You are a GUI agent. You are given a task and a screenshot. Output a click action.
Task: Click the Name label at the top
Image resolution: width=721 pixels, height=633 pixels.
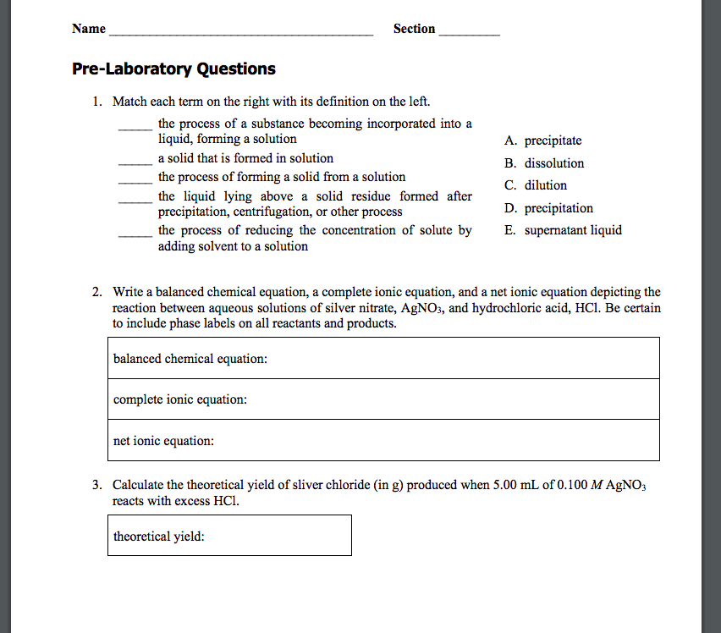coord(89,29)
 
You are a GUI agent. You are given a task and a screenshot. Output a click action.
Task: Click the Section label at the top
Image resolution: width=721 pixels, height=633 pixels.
coord(414,29)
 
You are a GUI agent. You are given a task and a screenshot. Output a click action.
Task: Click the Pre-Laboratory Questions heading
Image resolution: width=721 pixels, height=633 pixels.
coord(173,69)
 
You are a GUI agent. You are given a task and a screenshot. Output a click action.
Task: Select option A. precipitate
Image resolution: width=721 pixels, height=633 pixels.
coord(542,140)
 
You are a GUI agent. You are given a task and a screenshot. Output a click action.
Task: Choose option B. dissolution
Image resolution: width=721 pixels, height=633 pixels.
coord(543,163)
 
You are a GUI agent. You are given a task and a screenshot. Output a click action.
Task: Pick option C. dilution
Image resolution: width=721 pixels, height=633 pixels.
coord(535,185)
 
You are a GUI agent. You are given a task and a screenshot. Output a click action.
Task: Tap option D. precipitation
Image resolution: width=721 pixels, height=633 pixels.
coord(548,208)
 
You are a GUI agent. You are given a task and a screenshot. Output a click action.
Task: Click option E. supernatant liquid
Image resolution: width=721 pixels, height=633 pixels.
coord(562,230)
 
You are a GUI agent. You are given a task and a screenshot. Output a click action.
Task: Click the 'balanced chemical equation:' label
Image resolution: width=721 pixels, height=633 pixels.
coord(190,359)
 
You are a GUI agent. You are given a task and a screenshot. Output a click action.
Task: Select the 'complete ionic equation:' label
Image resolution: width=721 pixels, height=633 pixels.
coord(180,399)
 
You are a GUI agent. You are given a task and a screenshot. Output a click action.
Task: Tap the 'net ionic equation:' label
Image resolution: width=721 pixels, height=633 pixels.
coord(163,441)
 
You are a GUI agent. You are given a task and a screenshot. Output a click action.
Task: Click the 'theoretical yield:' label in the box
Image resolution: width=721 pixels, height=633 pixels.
coord(159,537)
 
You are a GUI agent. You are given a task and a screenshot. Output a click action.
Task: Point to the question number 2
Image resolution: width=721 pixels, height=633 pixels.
coord(97,293)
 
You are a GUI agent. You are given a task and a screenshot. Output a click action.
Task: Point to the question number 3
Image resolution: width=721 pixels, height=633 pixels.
coord(97,485)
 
